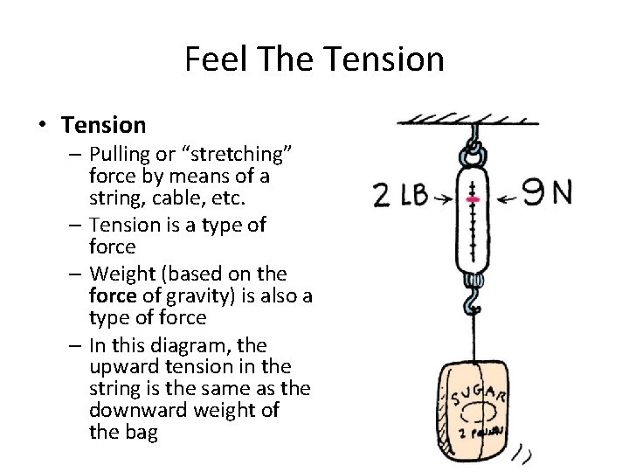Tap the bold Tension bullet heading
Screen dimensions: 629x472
104,125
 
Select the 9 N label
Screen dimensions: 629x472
548,191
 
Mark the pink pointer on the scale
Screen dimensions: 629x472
473,199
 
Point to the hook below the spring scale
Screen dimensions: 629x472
473,302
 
